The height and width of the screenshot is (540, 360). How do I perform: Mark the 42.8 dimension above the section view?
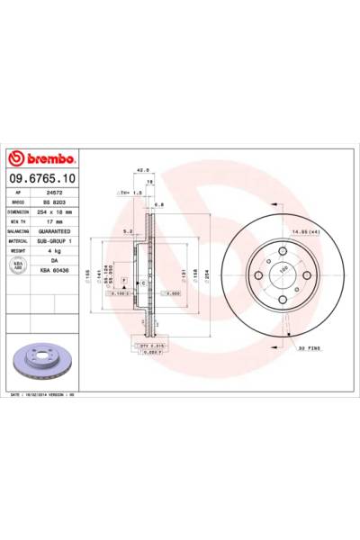point(140,167)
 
